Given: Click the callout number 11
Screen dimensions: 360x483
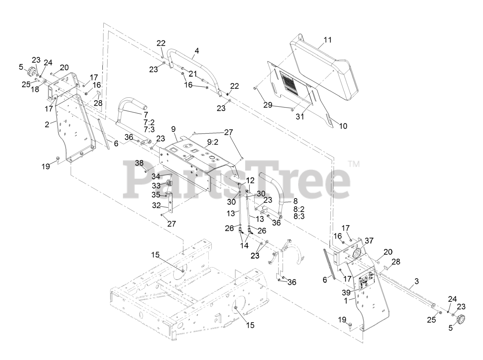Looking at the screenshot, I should coord(328,39).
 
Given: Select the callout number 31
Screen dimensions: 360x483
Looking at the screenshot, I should coord(300,117).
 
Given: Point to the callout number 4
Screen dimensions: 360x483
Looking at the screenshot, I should coord(197,51).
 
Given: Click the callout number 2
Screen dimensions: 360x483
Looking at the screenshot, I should coord(47,124).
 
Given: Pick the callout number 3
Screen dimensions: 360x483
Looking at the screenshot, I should coord(417,281).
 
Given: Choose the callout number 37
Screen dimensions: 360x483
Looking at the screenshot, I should coord(369,240).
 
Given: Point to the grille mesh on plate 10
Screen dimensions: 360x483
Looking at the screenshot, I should coord(289,85).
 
